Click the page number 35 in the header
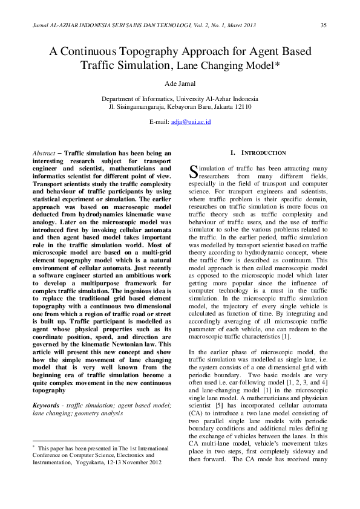coord(323,25)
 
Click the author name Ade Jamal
coord(180,82)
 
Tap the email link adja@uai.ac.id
coord(191,122)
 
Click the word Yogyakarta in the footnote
coord(91,479)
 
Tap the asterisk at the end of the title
coord(277,63)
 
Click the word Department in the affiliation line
coord(119,99)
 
